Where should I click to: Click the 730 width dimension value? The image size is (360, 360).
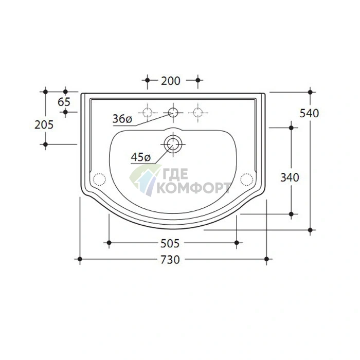(x=170, y=260)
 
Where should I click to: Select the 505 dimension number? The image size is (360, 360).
(x=170, y=243)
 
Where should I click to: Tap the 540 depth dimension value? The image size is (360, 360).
(x=309, y=113)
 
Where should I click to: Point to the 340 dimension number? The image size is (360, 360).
(x=290, y=177)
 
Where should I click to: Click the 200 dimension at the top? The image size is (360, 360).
(x=171, y=81)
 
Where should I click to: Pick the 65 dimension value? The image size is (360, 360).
(x=64, y=102)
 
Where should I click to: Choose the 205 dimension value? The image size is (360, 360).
(x=44, y=124)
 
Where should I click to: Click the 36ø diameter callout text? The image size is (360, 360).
(x=122, y=119)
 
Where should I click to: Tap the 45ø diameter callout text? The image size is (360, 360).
(x=141, y=157)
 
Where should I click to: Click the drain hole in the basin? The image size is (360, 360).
(x=173, y=144)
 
